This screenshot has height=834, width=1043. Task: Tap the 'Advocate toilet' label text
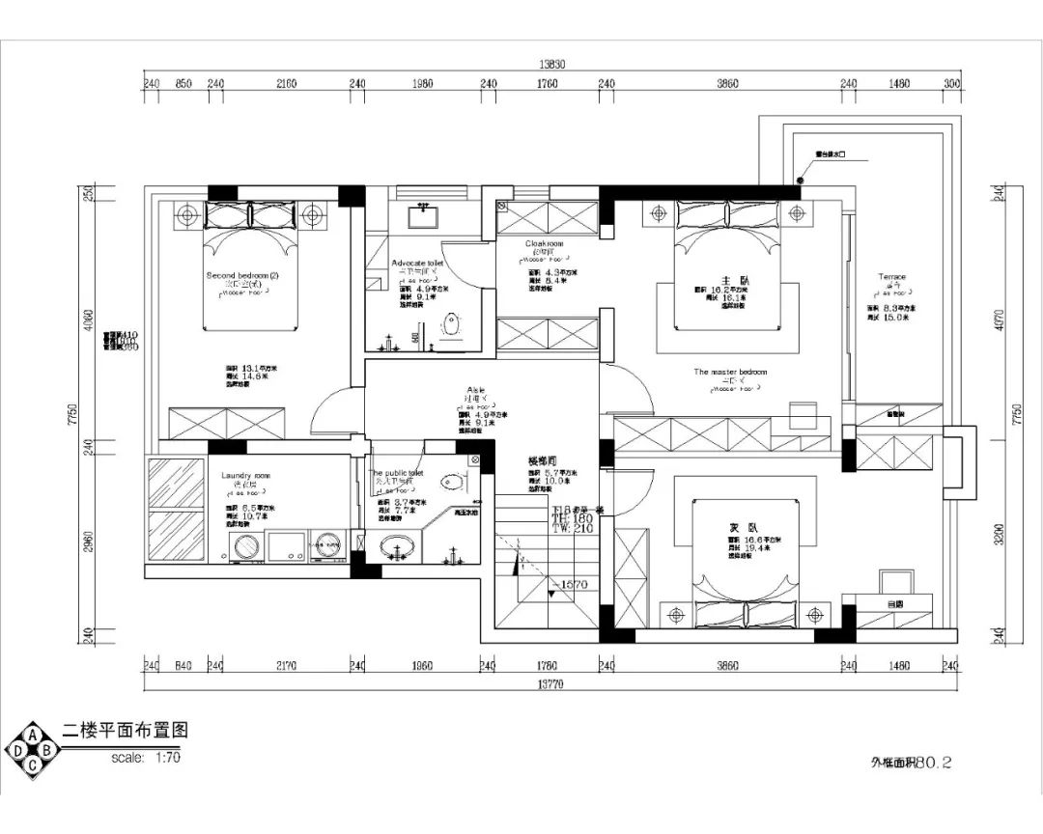point(417,263)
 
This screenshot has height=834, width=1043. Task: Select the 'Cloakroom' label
point(544,244)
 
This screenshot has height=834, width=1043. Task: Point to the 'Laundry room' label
point(245,476)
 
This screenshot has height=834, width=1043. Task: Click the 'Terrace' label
point(891,277)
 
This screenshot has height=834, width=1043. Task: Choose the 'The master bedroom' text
point(729,372)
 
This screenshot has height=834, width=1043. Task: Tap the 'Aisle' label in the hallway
point(474,390)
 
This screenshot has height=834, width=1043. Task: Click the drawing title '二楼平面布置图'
point(124,731)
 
